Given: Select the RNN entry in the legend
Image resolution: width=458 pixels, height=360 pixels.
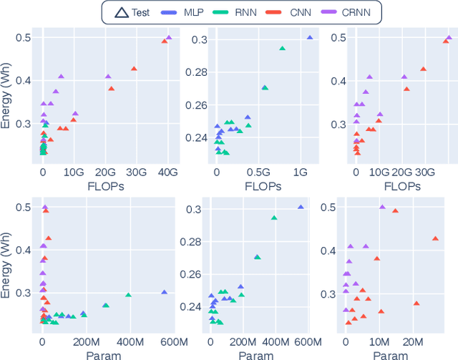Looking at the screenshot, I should (248, 12).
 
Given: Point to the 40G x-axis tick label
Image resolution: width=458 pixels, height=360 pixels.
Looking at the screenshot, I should (168, 172).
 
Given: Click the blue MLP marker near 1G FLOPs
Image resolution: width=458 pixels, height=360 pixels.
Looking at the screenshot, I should (310, 37).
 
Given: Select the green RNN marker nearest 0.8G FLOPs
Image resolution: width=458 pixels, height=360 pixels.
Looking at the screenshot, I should (282, 49).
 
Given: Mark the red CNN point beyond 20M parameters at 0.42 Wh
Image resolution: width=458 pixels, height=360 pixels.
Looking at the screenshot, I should (434, 238).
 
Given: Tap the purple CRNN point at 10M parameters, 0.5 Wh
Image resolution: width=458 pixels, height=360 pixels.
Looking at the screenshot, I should (381, 207).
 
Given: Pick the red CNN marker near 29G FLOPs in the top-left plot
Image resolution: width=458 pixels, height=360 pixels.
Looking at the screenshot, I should (134, 69).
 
